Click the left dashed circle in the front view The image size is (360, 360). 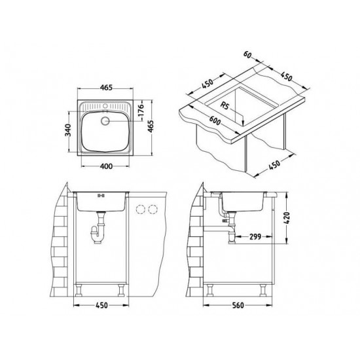tap(139, 209)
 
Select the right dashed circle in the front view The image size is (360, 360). tap(153, 209)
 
